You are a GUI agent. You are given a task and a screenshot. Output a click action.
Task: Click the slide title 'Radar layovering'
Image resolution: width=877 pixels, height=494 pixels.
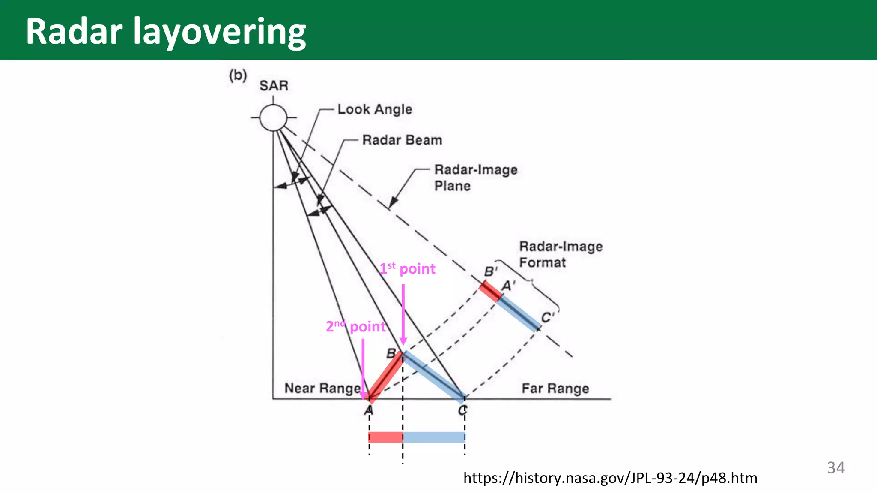click(x=166, y=32)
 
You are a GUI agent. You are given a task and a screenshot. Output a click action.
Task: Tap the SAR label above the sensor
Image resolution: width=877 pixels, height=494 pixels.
click(x=274, y=86)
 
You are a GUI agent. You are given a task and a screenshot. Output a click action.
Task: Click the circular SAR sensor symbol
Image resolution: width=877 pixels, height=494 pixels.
click(x=273, y=117)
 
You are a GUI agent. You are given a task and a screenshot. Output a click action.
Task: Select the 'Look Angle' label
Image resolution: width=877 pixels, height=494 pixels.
click(x=375, y=109)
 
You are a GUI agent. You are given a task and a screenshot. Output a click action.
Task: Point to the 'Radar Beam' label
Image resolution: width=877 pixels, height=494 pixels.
click(x=402, y=140)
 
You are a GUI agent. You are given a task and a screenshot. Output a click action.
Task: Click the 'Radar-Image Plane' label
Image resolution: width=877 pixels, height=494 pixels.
click(x=475, y=178)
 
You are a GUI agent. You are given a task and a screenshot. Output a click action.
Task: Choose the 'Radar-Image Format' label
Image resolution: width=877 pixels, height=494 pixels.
click(x=561, y=254)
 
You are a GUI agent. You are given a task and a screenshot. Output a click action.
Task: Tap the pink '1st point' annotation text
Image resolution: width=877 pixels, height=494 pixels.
click(x=407, y=269)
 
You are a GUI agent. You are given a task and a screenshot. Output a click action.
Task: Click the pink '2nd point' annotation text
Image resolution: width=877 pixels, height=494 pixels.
click(x=355, y=327)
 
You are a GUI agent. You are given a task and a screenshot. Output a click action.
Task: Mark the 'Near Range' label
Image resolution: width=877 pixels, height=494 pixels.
click(x=322, y=388)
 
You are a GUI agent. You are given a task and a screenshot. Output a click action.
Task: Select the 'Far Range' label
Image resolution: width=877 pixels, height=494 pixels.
click(x=555, y=389)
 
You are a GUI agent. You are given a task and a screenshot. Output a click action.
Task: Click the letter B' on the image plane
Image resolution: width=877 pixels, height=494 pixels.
click(x=490, y=272)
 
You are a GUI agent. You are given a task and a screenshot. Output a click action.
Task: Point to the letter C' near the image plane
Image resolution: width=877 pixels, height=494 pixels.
click(x=547, y=318)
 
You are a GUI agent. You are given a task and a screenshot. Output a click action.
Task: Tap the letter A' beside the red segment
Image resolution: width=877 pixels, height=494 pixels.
click(x=508, y=286)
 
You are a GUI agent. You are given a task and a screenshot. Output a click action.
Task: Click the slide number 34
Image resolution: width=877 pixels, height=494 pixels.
click(x=835, y=468)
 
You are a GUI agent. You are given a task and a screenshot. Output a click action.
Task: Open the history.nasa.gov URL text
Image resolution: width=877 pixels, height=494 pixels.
click(x=610, y=478)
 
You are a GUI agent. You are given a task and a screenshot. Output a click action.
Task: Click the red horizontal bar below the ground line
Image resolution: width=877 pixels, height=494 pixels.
click(x=385, y=437)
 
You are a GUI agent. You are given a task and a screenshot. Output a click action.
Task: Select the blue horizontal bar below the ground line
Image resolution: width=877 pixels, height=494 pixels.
click(x=434, y=437)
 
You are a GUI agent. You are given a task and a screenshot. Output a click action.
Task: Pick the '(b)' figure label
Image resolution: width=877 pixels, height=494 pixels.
click(x=238, y=75)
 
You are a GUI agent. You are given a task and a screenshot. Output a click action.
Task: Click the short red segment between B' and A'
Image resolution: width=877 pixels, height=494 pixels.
click(x=490, y=291)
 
